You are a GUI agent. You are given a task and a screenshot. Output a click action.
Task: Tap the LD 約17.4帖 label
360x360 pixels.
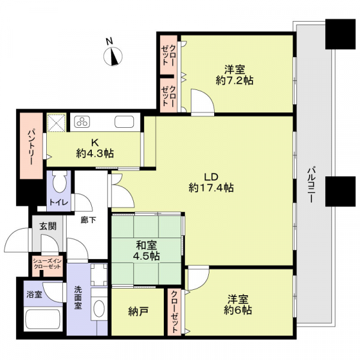tap(211, 182)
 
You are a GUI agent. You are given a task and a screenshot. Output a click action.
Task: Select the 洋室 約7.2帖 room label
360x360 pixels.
tap(235, 75)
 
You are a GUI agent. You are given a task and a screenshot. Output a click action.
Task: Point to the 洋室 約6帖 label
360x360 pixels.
tap(238, 305)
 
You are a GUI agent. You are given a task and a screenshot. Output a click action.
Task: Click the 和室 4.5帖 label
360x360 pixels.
tap(146, 250)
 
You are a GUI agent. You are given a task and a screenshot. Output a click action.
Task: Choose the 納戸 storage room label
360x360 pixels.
tap(138, 311)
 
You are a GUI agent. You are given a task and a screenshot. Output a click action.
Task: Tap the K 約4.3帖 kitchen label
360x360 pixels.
tap(95, 148)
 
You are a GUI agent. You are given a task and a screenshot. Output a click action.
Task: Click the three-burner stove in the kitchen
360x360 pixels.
tap(82, 122)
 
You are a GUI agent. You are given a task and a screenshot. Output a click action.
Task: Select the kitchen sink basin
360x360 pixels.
tap(124, 122)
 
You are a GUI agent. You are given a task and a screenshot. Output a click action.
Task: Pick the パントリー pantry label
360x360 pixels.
tap(31, 148)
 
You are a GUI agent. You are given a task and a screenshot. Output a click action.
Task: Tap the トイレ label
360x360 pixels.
tap(59, 202)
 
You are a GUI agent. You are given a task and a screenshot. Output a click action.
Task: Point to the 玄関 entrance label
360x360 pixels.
tap(48, 226)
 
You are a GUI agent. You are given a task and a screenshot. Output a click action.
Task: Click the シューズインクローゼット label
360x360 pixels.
tap(47, 264)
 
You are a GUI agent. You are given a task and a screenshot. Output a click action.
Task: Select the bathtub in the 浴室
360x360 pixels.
tap(43, 320)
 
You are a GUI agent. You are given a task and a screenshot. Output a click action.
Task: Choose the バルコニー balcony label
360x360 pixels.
tap(311, 185)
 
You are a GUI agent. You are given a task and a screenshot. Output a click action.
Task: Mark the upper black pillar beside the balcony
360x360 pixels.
tap(340, 34)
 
